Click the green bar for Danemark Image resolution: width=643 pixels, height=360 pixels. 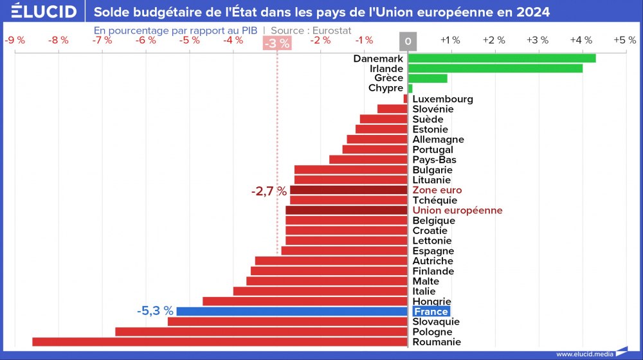coord(502,59)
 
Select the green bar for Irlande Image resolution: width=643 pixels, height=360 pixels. coord(495,68)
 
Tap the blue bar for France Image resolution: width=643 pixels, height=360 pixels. coord(292,311)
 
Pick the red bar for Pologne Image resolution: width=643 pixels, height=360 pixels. coord(261,332)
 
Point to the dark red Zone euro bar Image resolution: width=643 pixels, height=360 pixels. coord(349,190)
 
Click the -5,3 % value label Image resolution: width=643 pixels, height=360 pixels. coord(155,311)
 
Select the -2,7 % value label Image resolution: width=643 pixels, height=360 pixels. coord(269,191)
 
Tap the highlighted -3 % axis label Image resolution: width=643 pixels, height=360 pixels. coord(277,43)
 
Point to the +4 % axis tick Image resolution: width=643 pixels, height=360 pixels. coord(581,40)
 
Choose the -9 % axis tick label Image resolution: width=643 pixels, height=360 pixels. coord(15,40)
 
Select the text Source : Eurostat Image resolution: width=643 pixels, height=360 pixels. coord(311,30)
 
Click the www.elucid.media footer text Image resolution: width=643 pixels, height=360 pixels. coord(584,354)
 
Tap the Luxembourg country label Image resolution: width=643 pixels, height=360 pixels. coord(442,99)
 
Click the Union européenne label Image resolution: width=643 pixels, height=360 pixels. coord(457,210)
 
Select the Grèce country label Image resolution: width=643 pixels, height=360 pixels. coord(388,78)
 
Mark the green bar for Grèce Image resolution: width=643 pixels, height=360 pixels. coord(428,78)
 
